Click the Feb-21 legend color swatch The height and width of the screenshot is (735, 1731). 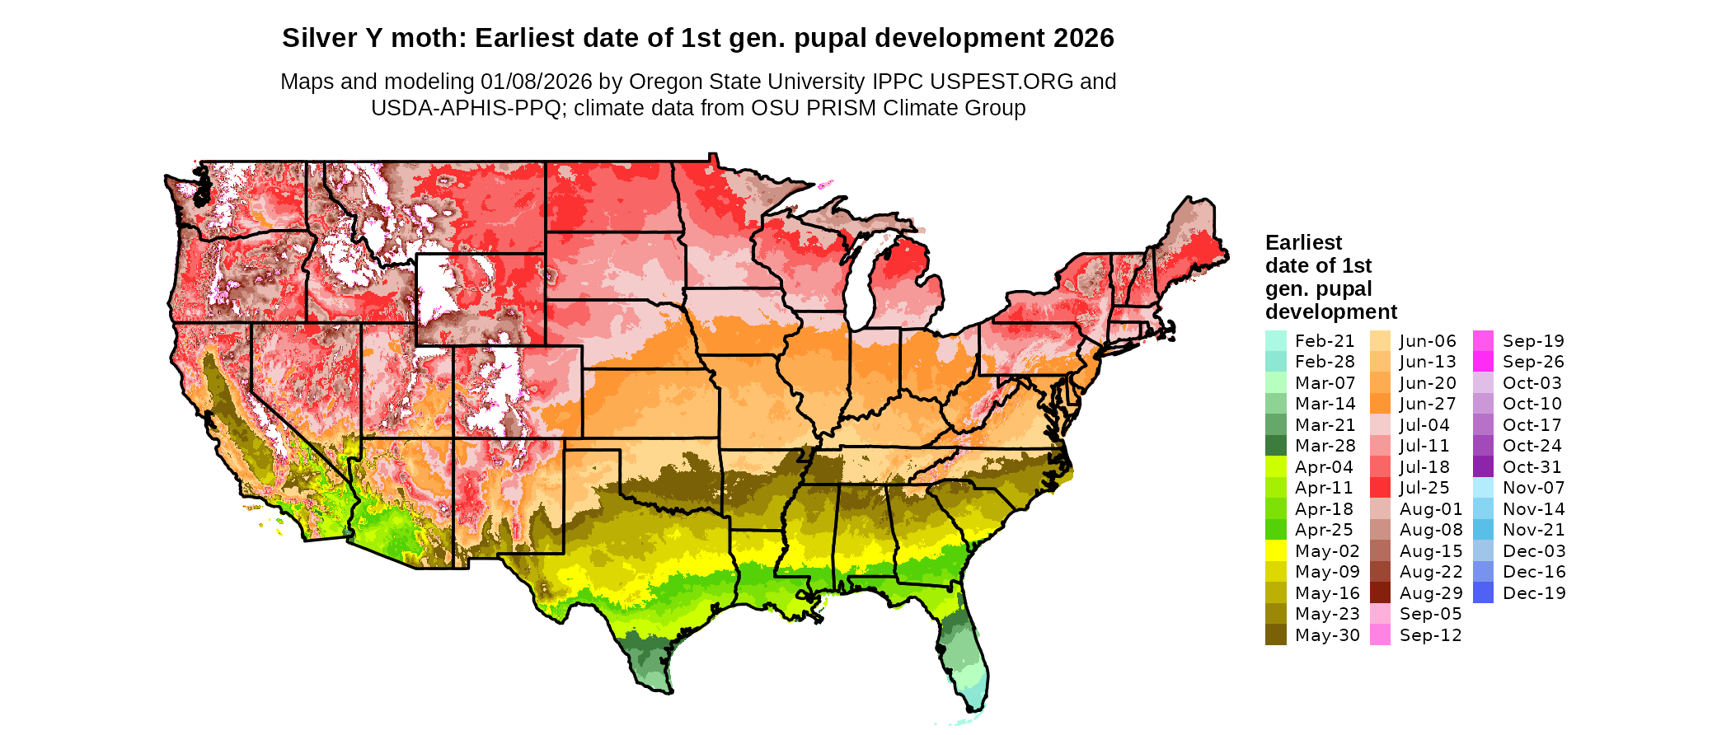click(x=1275, y=341)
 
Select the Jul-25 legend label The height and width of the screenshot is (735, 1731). click(x=1424, y=488)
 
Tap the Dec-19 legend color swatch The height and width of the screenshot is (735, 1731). click(x=1483, y=593)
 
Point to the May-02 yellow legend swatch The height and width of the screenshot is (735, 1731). click(x=1275, y=551)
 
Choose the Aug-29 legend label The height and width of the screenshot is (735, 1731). click(x=1431, y=593)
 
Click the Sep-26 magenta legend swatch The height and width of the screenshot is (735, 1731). click(x=1483, y=362)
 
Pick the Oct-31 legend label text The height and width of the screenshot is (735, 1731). click(x=1532, y=467)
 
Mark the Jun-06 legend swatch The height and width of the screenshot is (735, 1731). click(x=1380, y=341)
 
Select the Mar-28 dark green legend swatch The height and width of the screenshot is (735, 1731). click(x=1275, y=446)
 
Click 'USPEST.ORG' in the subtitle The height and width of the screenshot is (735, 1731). click(x=1002, y=82)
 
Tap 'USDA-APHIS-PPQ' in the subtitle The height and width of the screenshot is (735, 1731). click(x=466, y=108)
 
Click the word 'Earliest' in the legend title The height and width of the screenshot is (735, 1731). click(x=1303, y=242)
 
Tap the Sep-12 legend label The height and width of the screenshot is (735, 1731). click(x=1430, y=635)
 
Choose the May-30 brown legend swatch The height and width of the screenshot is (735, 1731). click(x=1275, y=635)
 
